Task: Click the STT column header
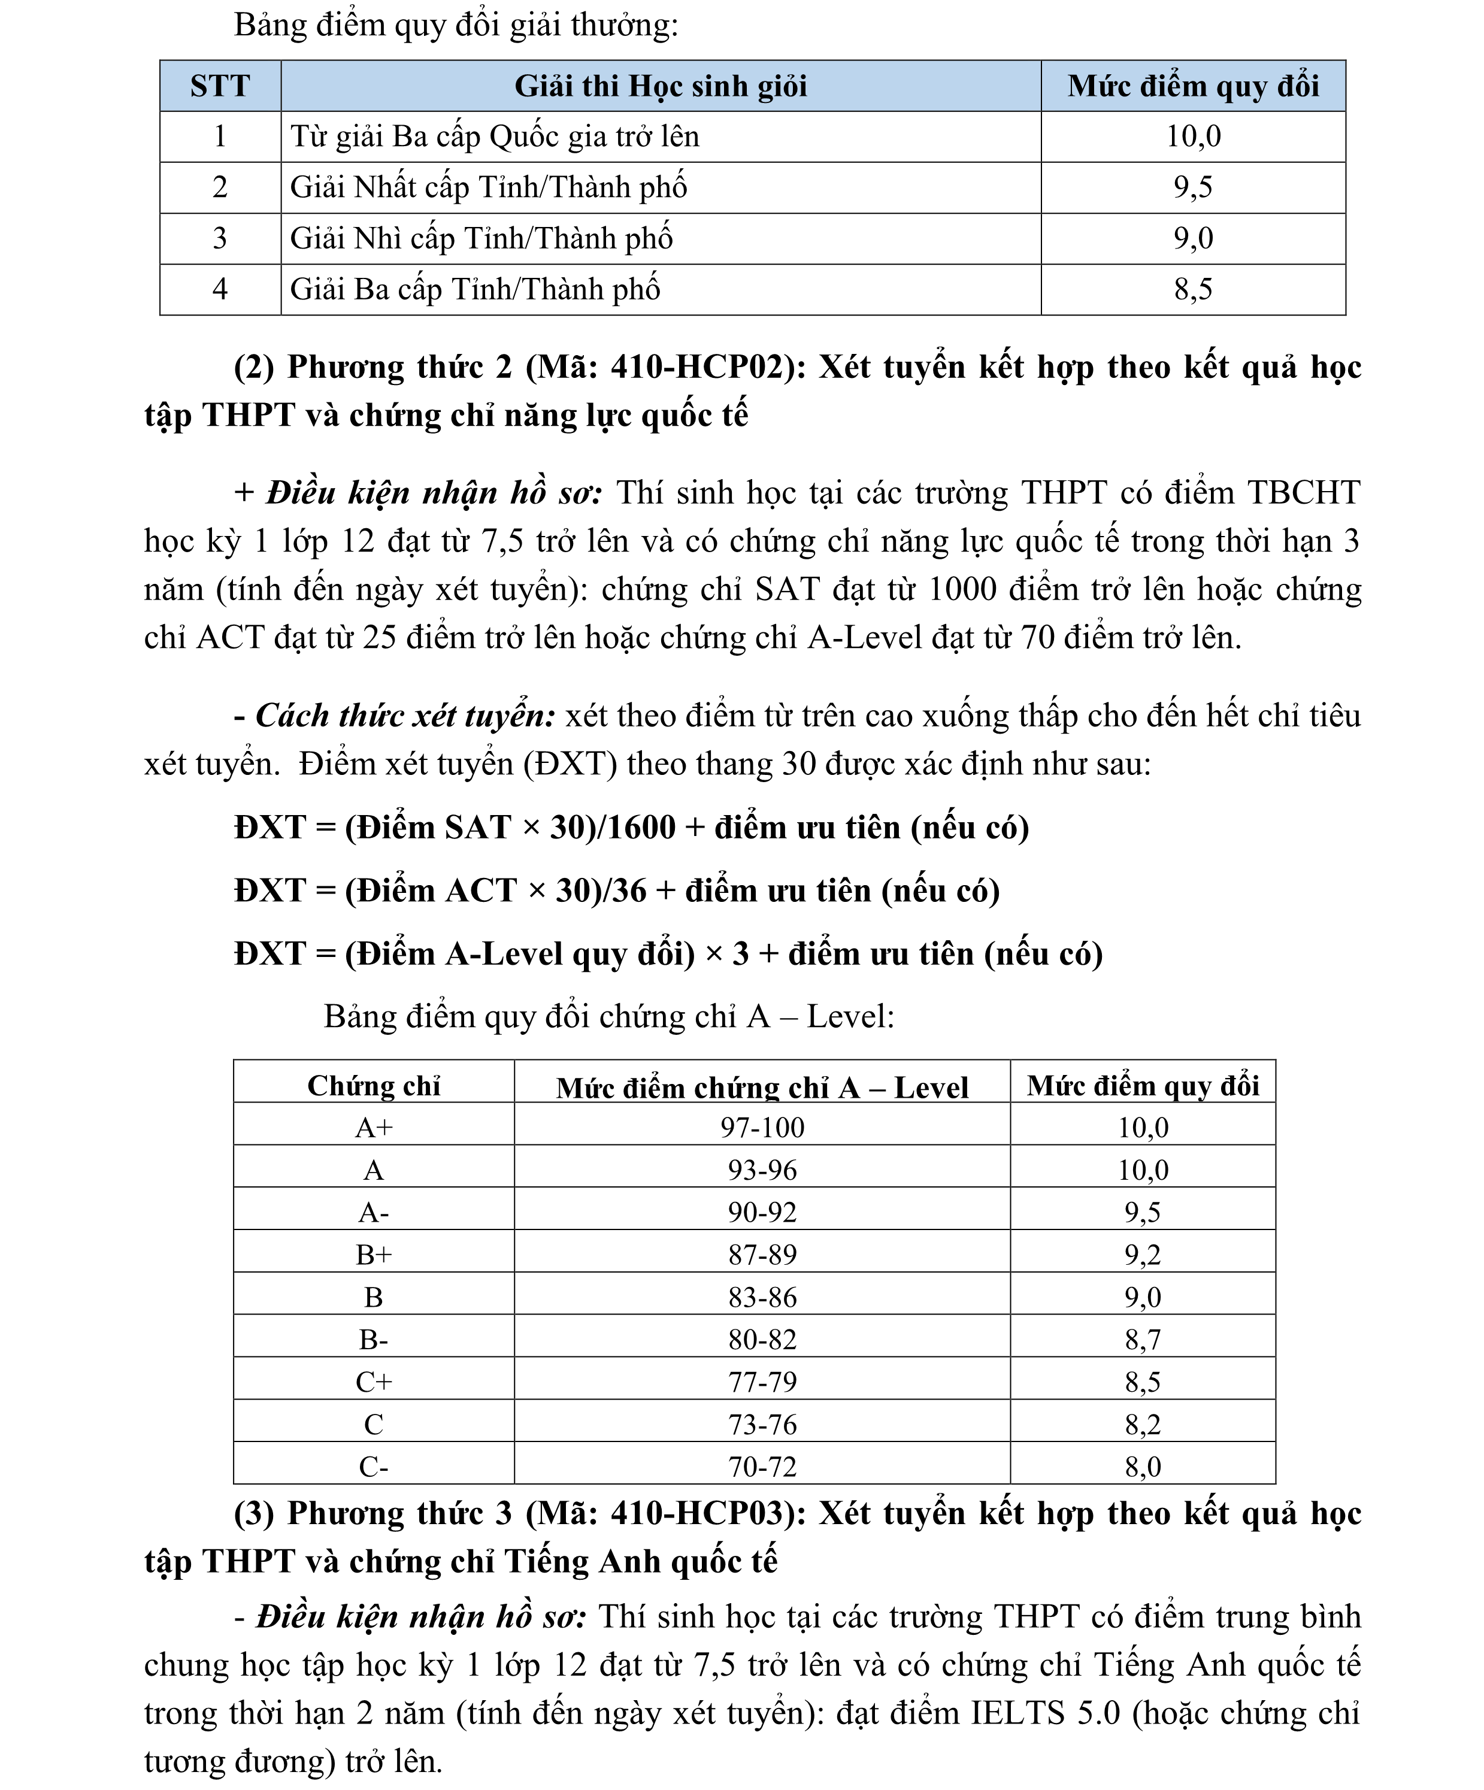pos(220,86)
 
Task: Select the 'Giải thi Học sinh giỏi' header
pos(661,86)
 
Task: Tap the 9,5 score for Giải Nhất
pos(1192,187)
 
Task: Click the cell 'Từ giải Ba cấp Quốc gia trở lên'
pos(495,137)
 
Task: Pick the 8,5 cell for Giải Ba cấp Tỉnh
pos(1192,290)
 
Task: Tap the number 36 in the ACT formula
pos(629,891)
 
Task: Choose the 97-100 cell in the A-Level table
pos(762,1128)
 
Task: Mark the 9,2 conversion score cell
pos(1142,1255)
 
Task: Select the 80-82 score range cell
pos(762,1340)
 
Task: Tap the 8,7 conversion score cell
pos(1142,1340)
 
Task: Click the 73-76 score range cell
pos(762,1424)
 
